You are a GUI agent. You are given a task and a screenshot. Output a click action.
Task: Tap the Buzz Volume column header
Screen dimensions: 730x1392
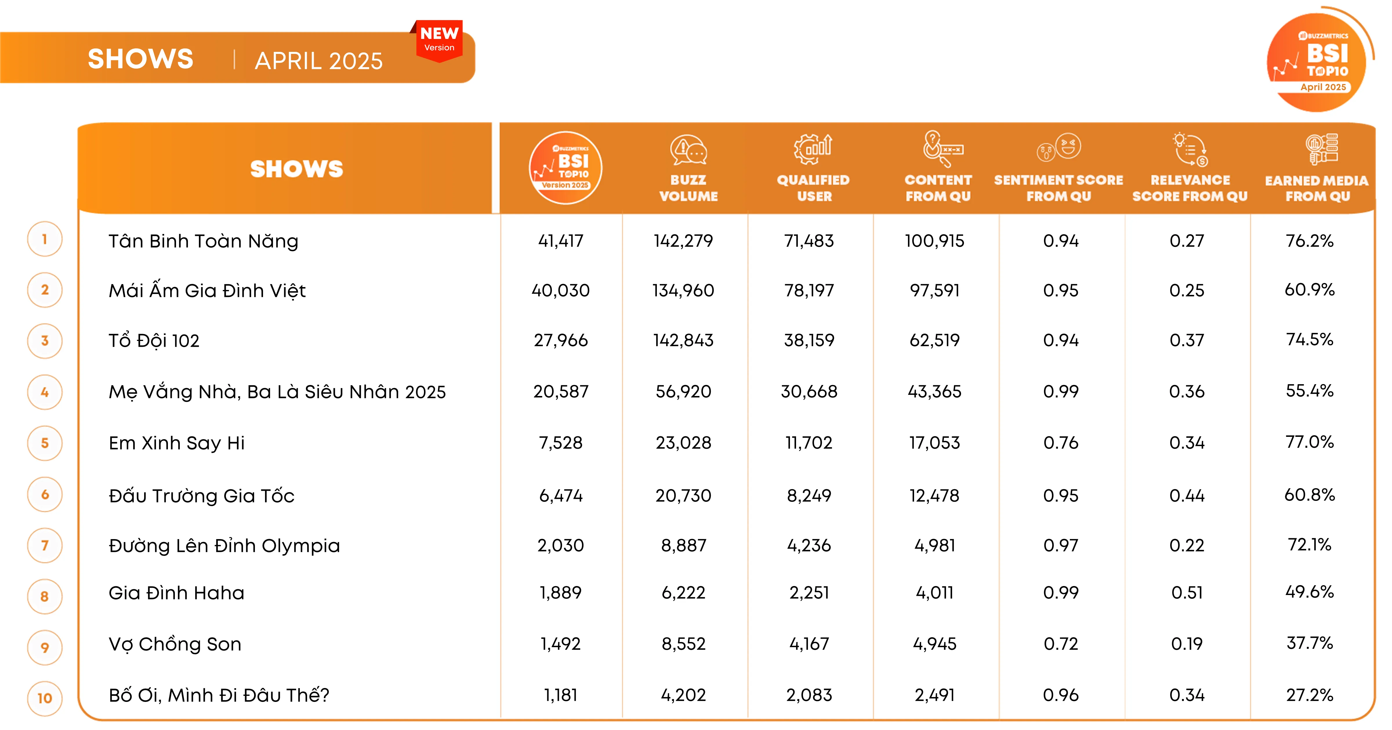pyautogui.click(x=688, y=187)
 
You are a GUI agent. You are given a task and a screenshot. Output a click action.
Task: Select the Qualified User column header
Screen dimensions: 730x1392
pyautogui.click(x=813, y=187)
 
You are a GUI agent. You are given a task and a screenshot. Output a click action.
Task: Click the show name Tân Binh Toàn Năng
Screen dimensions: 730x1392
pyautogui.click(x=203, y=241)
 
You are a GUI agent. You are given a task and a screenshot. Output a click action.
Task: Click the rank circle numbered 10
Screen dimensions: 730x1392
pyautogui.click(x=45, y=698)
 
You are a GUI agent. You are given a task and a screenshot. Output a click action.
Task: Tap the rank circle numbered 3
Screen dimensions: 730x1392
pyautogui.click(x=45, y=341)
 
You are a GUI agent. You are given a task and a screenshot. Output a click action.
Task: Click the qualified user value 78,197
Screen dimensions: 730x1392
pyautogui.click(x=809, y=291)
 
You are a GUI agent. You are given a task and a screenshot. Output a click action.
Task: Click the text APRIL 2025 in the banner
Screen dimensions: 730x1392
pyautogui.click(x=318, y=61)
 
